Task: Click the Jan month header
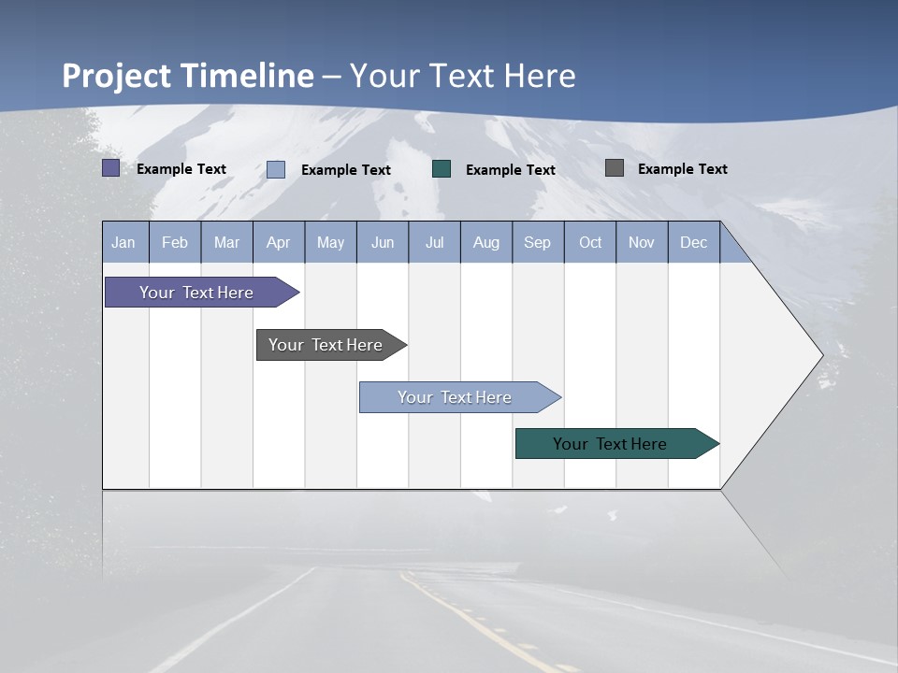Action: pyautogui.click(x=124, y=242)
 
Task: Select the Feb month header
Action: pyautogui.click(x=175, y=242)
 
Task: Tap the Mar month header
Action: pyautogui.click(x=226, y=242)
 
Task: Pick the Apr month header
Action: pyautogui.click(x=279, y=242)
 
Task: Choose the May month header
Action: pyautogui.click(x=330, y=242)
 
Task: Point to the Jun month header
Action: pyautogui.click(x=383, y=242)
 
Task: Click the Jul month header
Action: pyautogui.click(x=434, y=242)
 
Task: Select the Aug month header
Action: pyautogui.click(x=486, y=242)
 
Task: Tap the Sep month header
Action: pyautogui.click(x=538, y=242)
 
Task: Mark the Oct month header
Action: pyautogui.click(x=590, y=242)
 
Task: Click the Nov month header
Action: pyautogui.click(x=642, y=242)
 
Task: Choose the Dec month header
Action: pyautogui.click(x=694, y=242)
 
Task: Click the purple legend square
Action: pyautogui.click(x=110, y=168)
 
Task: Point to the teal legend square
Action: pyautogui.click(x=442, y=168)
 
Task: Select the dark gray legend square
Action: pyautogui.click(x=615, y=168)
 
